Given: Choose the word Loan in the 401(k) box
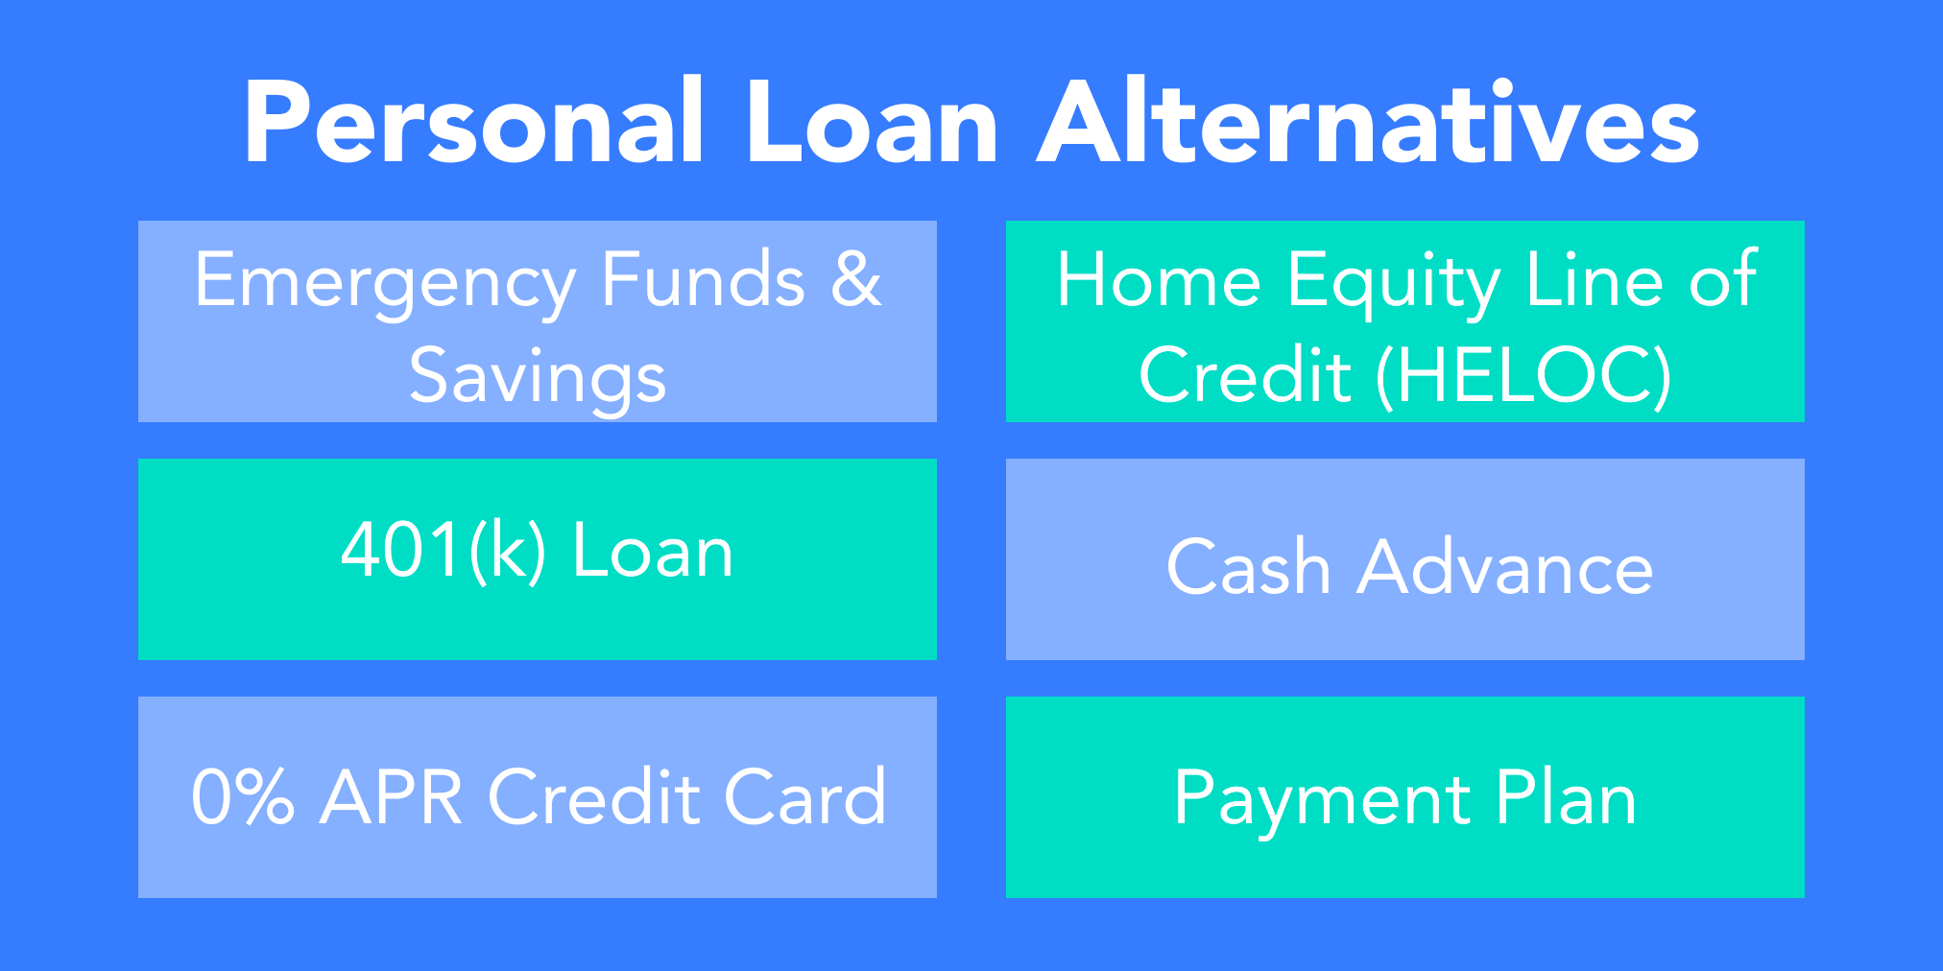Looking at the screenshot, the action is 653,552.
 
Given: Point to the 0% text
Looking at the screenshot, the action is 243,796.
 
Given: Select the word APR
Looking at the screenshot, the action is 392,796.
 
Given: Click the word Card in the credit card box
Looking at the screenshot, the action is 804,796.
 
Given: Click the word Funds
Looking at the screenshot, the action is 704,278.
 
